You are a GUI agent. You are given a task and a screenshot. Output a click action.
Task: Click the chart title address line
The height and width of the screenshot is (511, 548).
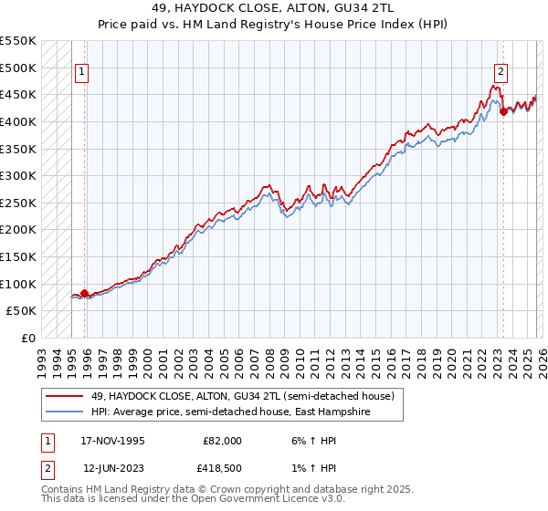tap(274, 8)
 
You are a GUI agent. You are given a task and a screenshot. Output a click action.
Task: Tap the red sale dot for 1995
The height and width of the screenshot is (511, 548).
tap(85, 293)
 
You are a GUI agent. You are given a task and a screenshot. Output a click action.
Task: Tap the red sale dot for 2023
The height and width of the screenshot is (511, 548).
tap(503, 112)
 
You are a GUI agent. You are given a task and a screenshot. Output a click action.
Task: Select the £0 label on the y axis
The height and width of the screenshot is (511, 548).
tap(27, 338)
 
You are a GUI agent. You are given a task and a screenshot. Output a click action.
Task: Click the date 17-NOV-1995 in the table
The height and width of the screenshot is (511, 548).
tap(114, 441)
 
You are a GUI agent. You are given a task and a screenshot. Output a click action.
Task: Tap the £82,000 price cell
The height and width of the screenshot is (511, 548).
tap(223, 441)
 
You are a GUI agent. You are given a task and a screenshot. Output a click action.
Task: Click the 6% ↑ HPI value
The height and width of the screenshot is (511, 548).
tap(311, 441)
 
